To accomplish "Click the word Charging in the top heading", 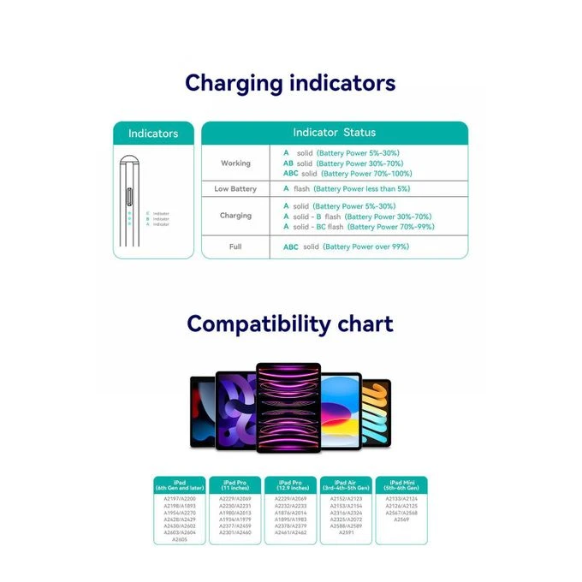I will tap(233, 84).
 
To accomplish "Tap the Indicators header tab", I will tap(153, 134).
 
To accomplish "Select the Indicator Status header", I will tap(334, 133).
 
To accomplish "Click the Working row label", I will tap(235, 163).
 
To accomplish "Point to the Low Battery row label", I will tap(235, 188).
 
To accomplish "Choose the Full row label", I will tap(235, 246).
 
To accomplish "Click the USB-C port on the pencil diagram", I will tap(129, 195).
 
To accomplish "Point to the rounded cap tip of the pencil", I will tap(129, 159).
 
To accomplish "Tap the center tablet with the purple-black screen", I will tap(288, 408).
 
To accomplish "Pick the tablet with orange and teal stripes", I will tap(376, 413).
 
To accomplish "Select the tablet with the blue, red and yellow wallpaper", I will tap(341, 411).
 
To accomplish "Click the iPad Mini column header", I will tap(401, 485).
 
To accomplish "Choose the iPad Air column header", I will tap(346, 485).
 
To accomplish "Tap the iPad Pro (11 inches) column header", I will tap(235, 485).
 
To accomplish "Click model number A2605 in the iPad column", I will tap(180, 540).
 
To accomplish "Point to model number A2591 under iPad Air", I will tap(346, 532).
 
